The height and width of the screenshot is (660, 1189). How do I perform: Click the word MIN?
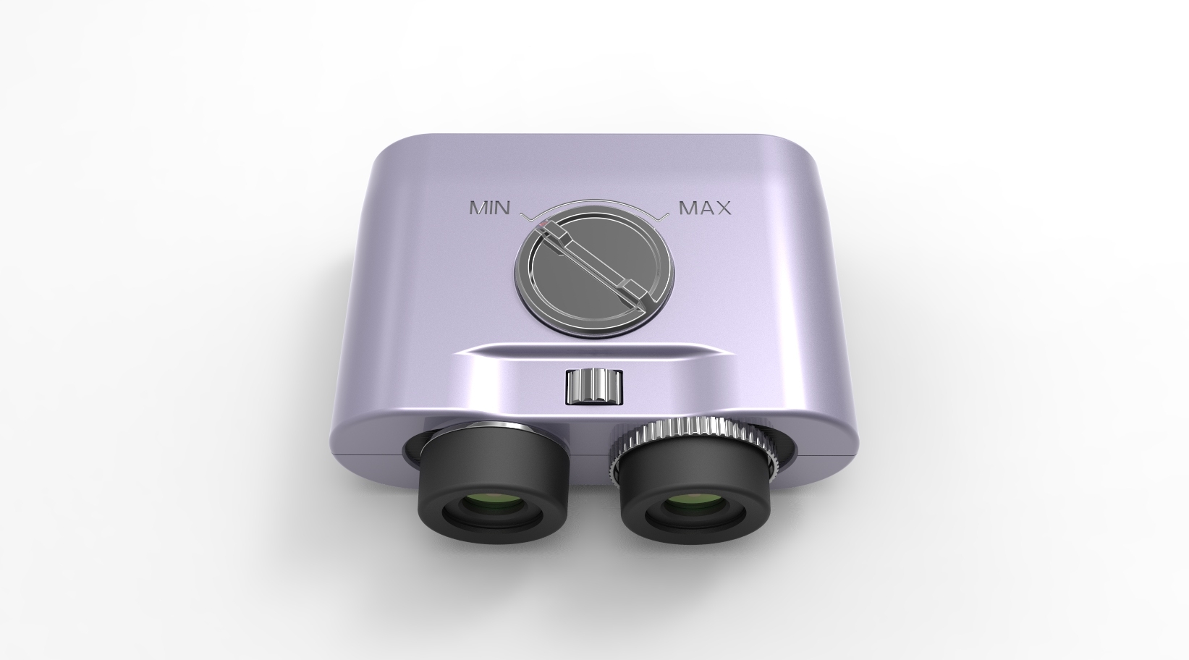point(490,208)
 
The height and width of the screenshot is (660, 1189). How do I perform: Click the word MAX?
point(704,208)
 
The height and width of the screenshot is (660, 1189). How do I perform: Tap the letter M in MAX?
point(687,208)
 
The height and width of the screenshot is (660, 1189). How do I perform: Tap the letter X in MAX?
point(723,208)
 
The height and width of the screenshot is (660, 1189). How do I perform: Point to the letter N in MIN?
point(502,208)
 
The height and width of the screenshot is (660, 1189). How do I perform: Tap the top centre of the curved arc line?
point(595,200)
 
